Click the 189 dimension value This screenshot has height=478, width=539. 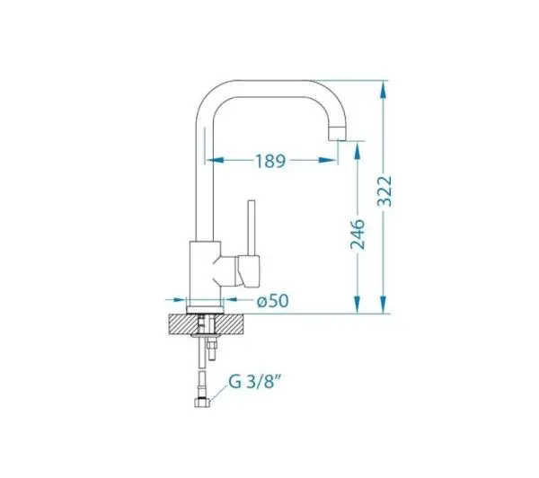pyautogui.click(x=270, y=161)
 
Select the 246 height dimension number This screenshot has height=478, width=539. pyautogui.click(x=358, y=235)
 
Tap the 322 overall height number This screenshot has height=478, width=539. pyautogui.click(x=384, y=190)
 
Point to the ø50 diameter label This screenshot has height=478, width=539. pyautogui.click(x=273, y=301)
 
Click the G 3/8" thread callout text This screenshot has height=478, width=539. pyautogui.click(x=255, y=381)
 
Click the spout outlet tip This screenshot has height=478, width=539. pyautogui.click(x=337, y=134)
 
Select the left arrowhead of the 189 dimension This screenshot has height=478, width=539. pyautogui.click(x=214, y=160)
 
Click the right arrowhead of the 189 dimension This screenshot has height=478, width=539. pyautogui.click(x=328, y=160)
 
